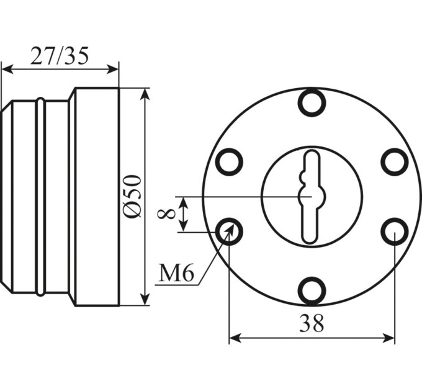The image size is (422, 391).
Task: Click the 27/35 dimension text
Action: coord(59,56)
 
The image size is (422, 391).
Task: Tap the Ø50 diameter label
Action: coord(132,196)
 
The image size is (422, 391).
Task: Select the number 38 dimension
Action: coord(312,323)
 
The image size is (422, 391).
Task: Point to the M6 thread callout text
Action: coord(176,273)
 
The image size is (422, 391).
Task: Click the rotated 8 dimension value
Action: coord(166,215)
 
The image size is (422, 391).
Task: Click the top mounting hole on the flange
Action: coord(312,103)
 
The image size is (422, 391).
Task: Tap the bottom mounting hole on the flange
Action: coord(312,290)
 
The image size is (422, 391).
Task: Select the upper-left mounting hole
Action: coord(229,162)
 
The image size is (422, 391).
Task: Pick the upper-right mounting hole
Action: coord(395,162)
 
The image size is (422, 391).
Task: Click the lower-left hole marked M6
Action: coord(229,231)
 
